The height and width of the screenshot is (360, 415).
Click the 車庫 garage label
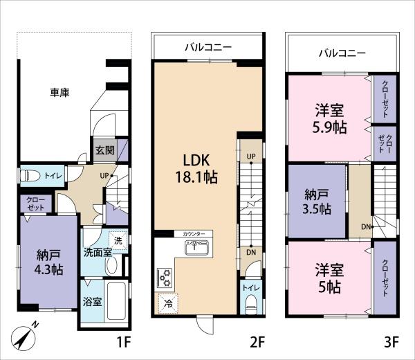click(59, 93)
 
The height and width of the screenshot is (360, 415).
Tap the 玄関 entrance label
click(105, 150)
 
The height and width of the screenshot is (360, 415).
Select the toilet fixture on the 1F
click(30, 175)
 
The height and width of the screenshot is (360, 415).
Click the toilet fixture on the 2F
click(252, 305)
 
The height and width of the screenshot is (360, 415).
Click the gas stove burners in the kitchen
click(165, 278)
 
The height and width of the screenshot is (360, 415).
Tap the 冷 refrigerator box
click(168, 303)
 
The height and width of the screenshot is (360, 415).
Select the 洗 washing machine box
click(118, 240)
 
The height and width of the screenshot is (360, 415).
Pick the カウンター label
click(194, 234)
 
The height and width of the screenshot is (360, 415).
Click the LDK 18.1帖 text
click(196, 169)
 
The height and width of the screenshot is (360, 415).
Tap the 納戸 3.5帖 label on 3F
click(317, 202)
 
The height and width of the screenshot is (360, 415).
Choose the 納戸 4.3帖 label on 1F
click(48, 262)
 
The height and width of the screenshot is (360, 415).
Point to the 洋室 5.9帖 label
click(329, 118)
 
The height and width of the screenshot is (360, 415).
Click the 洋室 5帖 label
click(329, 278)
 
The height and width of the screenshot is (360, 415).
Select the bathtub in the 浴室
click(116, 301)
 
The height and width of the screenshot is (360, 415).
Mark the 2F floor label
click(257, 342)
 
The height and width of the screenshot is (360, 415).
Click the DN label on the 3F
click(366, 227)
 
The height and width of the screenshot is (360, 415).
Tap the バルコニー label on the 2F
click(208, 47)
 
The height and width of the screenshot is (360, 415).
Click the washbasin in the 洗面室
click(111, 265)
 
